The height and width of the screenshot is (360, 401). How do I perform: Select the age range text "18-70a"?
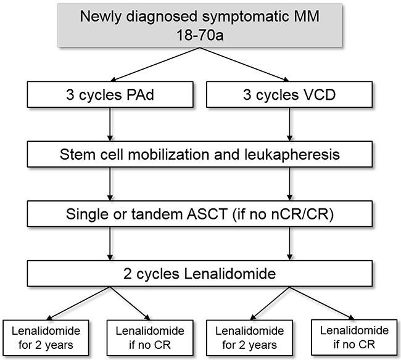(x=199, y=33)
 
